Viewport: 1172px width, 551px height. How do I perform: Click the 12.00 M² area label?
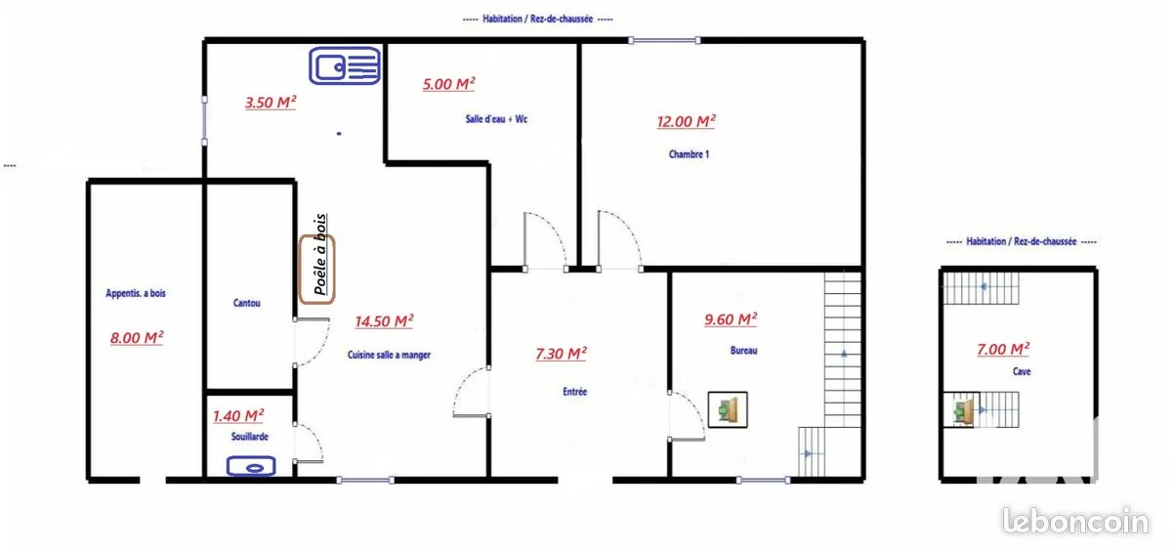[686, 121]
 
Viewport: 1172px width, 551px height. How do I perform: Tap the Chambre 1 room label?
[689, 154]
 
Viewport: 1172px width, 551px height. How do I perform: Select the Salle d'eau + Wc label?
[496, 119]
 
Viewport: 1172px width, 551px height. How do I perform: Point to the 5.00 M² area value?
[449, 84]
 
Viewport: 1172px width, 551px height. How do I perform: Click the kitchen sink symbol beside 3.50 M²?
[345, 65]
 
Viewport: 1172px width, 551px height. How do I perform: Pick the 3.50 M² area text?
[271, 102]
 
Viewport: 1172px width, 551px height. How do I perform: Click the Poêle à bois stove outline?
[317, 270]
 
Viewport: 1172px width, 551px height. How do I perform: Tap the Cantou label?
[246, 303]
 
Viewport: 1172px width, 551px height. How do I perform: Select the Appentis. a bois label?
[136, 293]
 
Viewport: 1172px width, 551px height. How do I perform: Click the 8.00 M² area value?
[137, 337]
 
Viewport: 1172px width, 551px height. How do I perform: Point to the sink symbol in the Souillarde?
[251, 466]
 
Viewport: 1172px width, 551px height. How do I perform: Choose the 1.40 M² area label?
[238, 416]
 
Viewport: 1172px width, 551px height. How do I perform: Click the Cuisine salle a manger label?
[389, 355]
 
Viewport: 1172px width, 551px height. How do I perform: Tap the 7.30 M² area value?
[561, 354]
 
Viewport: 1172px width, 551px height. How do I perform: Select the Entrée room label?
[574, 392]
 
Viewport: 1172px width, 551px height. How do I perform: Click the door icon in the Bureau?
[728, 409]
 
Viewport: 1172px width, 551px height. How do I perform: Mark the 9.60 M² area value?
[731, 319]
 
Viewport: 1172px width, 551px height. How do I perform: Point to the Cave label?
[1022, 371]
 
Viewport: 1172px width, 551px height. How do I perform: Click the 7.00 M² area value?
[1003, 349]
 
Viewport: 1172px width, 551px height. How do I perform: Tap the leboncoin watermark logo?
[1075, 521]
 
